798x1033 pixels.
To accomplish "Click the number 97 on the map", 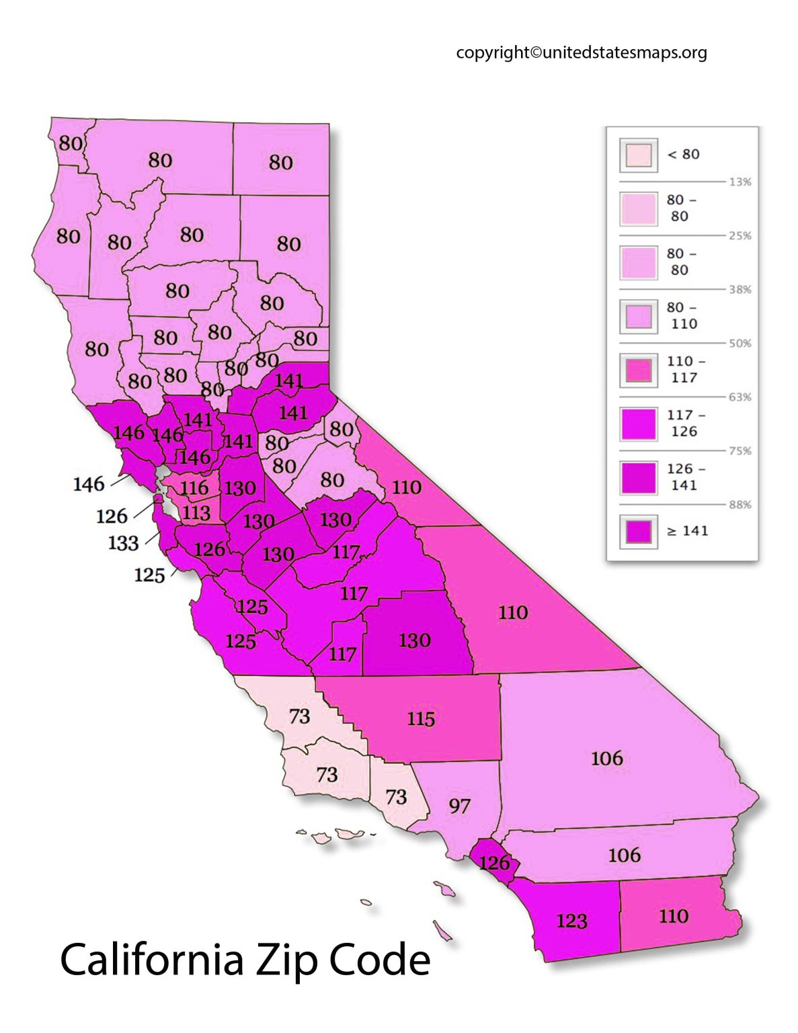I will [x=459, y=806].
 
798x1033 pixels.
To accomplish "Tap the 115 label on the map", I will [x=421, y=719].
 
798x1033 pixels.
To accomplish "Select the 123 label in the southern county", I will [x=571, y=921].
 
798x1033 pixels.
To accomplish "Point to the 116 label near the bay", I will [x=194, y=488].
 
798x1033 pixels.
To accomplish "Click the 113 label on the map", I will [x=196, y=513].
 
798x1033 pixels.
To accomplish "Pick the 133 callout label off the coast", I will [x=123, y=543].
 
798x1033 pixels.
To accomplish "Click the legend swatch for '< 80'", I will [x=638, y=155].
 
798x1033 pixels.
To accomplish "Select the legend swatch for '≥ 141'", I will [x=638, y=531].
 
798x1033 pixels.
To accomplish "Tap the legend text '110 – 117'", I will [x=685, y=370].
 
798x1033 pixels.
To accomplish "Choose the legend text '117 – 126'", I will [x=685, y=424].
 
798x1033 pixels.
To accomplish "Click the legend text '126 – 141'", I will [x=685, y=477].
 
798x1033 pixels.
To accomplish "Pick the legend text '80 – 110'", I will [x=682, y=316].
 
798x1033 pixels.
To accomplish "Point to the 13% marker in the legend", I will [x=740, y=182].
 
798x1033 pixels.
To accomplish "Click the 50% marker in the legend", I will [x=740, y=344].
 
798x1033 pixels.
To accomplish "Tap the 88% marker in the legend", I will [x=740, y=505].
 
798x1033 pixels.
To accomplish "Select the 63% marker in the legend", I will [x=740, y=397].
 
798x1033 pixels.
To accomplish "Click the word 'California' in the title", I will [x=151, y=960].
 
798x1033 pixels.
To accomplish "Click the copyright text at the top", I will [x=581, y=52].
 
